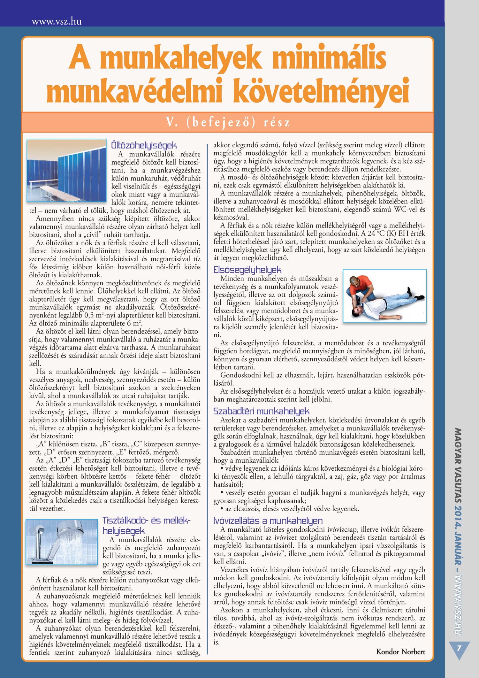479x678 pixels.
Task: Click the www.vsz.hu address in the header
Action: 57,21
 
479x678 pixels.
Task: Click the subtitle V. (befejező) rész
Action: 228,122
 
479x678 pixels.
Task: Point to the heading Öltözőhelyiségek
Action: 144,145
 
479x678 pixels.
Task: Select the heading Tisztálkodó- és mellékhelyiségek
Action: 146,526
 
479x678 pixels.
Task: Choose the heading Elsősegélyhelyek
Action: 247,270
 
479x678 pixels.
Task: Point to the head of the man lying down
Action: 358,311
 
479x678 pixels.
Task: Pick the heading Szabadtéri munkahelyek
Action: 261,411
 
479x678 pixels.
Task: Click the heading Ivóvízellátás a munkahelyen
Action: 268,521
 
